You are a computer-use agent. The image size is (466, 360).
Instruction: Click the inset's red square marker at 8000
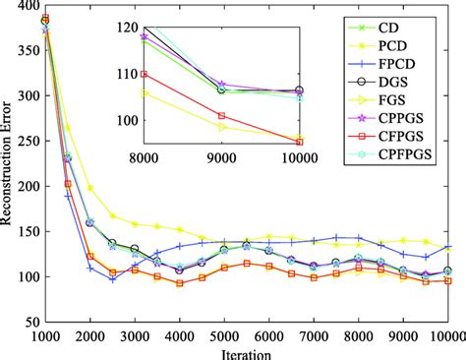click(x=144, y=74)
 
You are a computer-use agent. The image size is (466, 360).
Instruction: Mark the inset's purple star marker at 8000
click(x=144, y=35)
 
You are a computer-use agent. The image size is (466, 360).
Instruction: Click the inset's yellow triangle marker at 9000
click(x=221, y=127)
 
